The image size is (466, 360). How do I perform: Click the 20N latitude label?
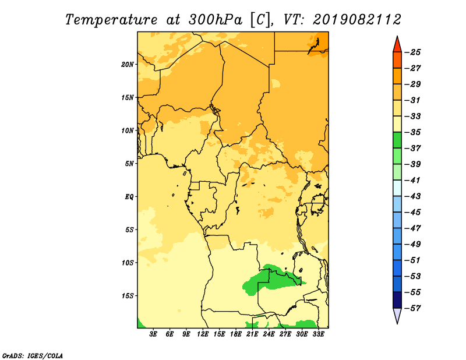point(127,65)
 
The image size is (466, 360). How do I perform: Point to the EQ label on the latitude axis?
point(129,197)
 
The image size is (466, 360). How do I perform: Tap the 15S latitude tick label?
point(127,296)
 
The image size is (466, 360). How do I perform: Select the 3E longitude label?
point(153,334)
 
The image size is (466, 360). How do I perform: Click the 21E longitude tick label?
point(252,334)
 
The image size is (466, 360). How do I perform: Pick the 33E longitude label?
point(318,334)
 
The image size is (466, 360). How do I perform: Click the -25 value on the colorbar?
point(413,52)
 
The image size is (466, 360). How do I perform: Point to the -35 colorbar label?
point(413,132)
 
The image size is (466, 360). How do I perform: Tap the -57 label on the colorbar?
point(413,308)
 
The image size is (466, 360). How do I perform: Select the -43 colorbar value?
point(413,196)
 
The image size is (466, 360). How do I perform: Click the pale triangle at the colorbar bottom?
point(397,315)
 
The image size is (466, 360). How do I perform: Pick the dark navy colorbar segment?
point(397,300)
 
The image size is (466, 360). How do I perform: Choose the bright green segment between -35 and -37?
point(397,140)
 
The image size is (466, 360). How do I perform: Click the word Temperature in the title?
point(111,20)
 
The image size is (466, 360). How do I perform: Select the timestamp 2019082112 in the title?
point(357,20)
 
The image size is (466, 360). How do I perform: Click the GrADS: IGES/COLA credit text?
point(33,355)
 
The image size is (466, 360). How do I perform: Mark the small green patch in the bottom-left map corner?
point(140,324)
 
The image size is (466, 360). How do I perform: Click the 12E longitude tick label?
point(202,334)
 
